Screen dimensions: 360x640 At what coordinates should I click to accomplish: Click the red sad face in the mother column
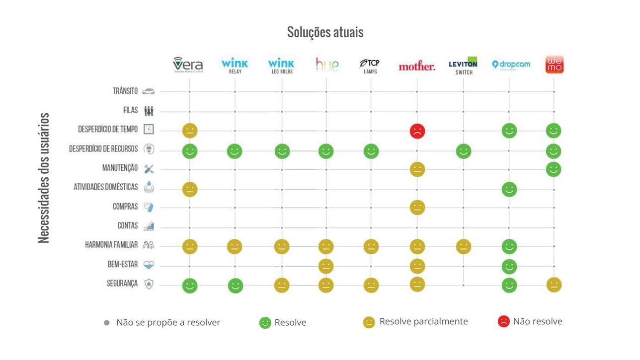417,131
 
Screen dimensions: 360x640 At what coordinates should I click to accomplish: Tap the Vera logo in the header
188,65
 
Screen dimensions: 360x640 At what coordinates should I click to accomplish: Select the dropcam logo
511,65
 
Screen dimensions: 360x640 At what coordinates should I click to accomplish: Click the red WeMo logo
555,65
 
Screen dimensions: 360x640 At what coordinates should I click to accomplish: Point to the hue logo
327,65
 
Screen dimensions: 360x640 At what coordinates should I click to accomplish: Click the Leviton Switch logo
463,66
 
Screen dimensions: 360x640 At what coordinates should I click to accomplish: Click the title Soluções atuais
325,32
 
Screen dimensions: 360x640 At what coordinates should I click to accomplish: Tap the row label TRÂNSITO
125,91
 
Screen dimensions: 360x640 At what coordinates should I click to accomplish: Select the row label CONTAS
128,226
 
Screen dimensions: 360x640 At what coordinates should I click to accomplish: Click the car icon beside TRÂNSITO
149,91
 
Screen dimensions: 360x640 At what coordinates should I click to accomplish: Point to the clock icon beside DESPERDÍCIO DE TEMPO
149,130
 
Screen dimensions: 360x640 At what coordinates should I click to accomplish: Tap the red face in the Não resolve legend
503,322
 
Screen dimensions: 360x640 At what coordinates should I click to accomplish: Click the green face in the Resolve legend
265,323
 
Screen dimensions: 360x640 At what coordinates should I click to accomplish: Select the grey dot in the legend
106,323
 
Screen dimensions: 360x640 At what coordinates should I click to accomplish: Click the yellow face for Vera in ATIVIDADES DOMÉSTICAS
190,189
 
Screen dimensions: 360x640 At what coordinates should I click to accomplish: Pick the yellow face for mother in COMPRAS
417,208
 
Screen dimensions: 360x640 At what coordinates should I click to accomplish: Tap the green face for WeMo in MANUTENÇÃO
553,169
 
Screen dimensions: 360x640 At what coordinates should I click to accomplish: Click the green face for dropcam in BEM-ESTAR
509,266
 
